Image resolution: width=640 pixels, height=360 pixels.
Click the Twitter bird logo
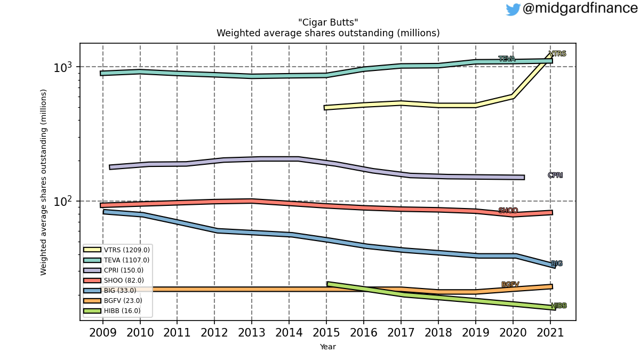click(513, 10)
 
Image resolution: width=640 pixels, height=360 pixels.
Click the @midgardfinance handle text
click(581, 9)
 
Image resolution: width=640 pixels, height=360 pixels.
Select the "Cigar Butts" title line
click(328, 22)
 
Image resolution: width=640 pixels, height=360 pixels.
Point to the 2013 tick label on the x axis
click(251, 333)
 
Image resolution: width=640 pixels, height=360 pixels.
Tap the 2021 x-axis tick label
click(550, 333)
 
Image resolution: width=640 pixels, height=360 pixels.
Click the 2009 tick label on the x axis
click(103, 333)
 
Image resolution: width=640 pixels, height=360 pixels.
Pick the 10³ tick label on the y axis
click(62, 67)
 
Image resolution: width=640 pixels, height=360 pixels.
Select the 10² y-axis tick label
click(62, 202)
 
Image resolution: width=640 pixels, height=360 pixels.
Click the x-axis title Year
click(327, 347)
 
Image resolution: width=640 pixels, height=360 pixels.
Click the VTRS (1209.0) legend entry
click(117, 250)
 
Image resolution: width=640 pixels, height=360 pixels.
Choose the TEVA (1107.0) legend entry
click(116, 260)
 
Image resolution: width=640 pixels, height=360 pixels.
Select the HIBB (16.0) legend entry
click(112, 311)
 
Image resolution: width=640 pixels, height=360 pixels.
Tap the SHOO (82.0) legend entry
click(114, 281)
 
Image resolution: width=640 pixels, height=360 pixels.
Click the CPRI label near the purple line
click(555, 175)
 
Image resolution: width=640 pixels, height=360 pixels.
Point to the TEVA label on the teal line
click(507, 59)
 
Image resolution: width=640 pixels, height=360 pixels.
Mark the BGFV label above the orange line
click(510, 285)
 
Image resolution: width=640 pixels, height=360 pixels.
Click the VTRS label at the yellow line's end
click(557, 54)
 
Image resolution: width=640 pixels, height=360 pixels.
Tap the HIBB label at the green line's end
click(559, 306)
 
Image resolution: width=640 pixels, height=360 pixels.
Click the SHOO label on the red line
click(508, 211)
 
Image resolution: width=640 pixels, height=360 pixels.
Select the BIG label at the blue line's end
click(557, 263)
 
